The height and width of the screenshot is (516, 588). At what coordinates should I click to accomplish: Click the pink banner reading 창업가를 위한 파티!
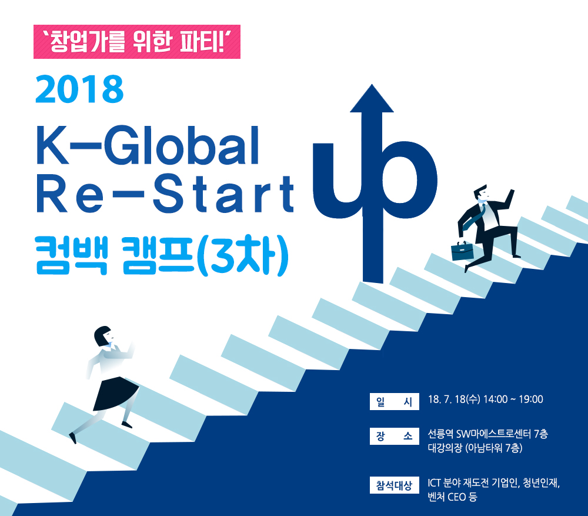point(137,42)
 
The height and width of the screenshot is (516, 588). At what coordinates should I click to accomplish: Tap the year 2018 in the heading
point(79,89)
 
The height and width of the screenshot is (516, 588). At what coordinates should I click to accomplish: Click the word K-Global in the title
point(148,145)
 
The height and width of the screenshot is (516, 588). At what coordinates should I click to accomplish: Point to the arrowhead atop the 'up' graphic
point(372,98)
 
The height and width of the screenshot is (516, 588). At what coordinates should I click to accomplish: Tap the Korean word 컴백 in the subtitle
point(72,255)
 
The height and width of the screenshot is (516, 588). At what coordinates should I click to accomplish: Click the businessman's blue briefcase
point(462,251)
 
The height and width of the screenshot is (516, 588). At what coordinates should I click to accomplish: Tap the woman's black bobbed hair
point(102,335)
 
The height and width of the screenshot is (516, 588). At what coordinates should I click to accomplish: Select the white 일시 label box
point(394,401)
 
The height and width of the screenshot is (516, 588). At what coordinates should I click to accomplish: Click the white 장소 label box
point(394,436)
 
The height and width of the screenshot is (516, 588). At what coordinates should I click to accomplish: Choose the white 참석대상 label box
point(394,485)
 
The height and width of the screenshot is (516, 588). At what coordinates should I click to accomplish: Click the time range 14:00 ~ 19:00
point(513,400)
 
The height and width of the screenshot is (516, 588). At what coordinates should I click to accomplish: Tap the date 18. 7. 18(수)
point(454,400)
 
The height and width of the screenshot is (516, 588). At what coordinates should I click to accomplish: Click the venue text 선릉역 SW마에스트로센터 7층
point(488,434)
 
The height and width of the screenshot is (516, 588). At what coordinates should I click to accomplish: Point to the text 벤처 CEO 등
point(452,497)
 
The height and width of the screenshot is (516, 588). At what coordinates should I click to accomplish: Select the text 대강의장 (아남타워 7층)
point(475,448)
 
